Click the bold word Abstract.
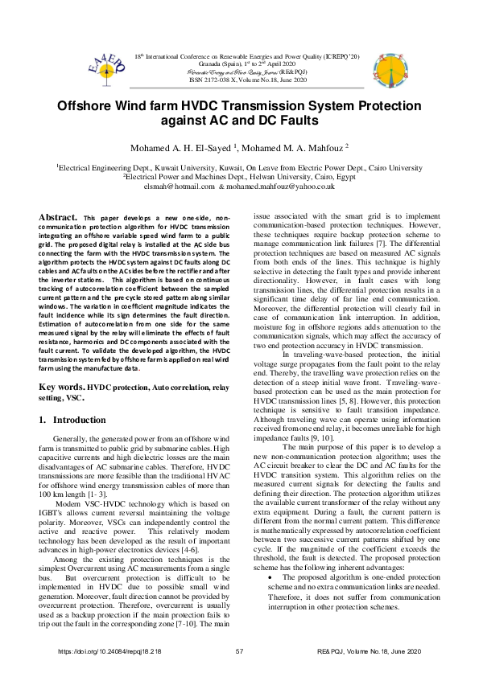pos(59,217)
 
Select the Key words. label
pos(62,387)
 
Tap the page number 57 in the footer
pos(239,651)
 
